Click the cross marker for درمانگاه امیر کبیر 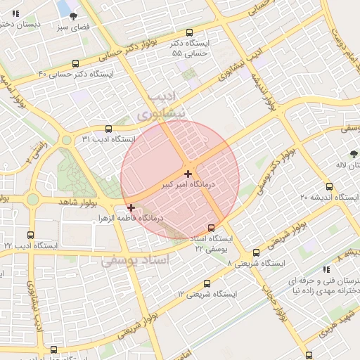click(188, 173)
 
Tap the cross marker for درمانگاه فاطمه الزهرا click(131, 207)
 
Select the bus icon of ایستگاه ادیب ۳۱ click(108, 129)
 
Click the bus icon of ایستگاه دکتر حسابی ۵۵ click(189, 32)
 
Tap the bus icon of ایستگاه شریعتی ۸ click(256, 252)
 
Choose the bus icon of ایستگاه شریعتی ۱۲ click(207, 283)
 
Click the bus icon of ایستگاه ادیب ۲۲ click(30, 235)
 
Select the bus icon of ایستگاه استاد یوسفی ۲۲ click(212, 228)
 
